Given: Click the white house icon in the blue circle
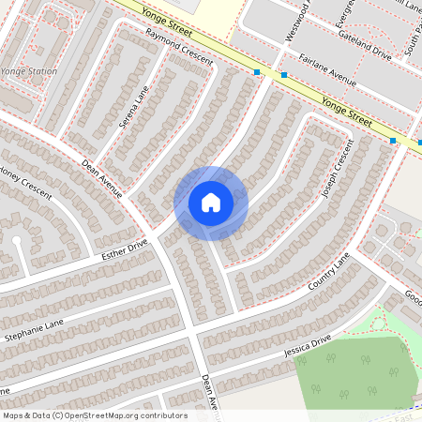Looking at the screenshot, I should click(211, 203).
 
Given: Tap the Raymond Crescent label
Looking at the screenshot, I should click(179, 46).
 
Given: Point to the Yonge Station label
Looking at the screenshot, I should click(28, 71).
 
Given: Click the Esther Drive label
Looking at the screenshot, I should click(125, 249).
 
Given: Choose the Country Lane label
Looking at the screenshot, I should click(327, 272).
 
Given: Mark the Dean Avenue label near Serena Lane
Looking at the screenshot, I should click(102, 179).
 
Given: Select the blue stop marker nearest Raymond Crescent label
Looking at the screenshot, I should click(257, 71).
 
